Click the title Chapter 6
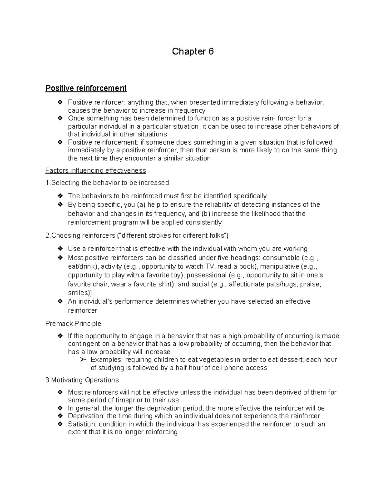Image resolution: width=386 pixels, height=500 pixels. pyautogui.click(x=193, y=52)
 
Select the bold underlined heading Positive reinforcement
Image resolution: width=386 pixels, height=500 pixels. pyautogui.click(x=86, y=88)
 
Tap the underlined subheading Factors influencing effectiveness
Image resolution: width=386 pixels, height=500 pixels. pyautogui.click(x=96, y=170)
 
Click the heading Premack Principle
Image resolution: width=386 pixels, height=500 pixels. pyautogui.click(x=73, y=324)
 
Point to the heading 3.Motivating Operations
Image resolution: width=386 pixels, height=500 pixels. pyautogui.click(x=82, y=380)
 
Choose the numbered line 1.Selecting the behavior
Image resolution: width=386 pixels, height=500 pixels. pyautogui.click(x=107, y=183)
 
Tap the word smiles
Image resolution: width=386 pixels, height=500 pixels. pyautogui.click(x=78, y=293)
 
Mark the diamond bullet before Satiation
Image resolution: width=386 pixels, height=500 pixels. pyautogui.click(x=60, y=424)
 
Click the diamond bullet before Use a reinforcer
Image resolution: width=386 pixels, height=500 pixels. pyautogui.click(x=60, y=249)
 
